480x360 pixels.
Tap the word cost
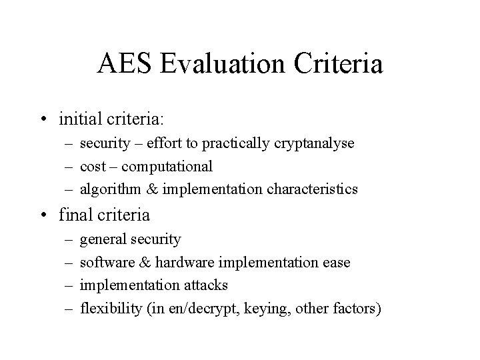pyautogui.click(x=92, y=166)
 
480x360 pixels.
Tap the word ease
pyautogui.click(x=337, y=262)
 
